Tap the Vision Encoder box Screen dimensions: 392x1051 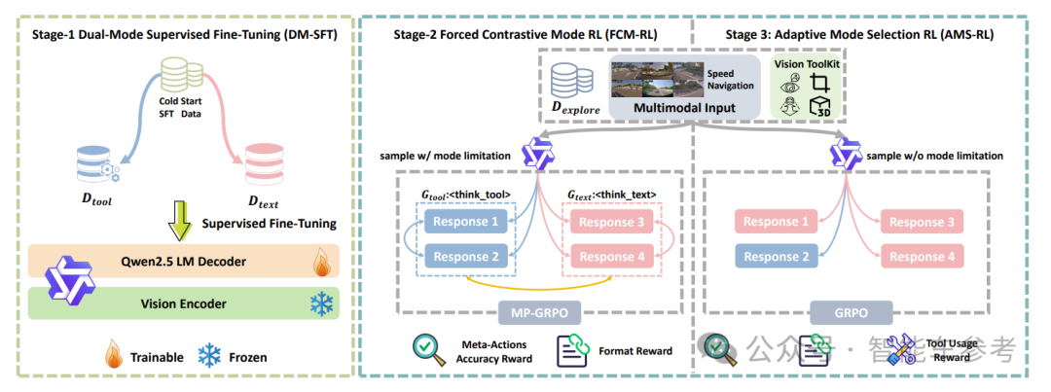pyautogui.click(x=182, y=303)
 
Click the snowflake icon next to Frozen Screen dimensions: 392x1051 pyautogui.click(x=208, y=356)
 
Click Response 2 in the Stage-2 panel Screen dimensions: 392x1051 pyautogui.click(x=462, y=257)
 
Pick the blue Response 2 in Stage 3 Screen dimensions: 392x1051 pyautogui.click(x=774, y=257)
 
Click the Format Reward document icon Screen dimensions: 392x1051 pyautogui.click(x=571, y=350)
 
